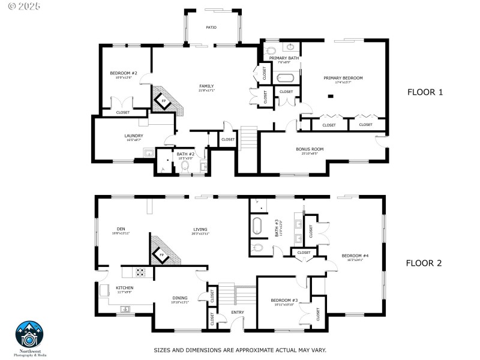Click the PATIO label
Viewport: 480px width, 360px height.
[x=211, y=28]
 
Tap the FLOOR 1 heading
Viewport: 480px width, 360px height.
[x=425, y=92]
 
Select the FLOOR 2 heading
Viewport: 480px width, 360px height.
[x=424, y=263]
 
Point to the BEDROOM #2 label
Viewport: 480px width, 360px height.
[x=124, y=73]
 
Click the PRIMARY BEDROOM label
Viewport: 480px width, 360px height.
[x=343, y=78]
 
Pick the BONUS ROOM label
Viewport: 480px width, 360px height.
[x=310, y=149]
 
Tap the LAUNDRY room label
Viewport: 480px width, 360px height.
[x=134, y=136]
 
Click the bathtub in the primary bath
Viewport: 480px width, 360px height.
[x=285, y=78]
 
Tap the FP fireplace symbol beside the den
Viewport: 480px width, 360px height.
[x=161, y=255]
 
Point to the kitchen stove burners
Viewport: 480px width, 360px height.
[x=140, y=272]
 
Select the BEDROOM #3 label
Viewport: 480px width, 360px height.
[x=280, y=300]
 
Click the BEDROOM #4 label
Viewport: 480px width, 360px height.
[x=355, y=256]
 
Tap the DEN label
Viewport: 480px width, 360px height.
[x=121, y=229]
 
